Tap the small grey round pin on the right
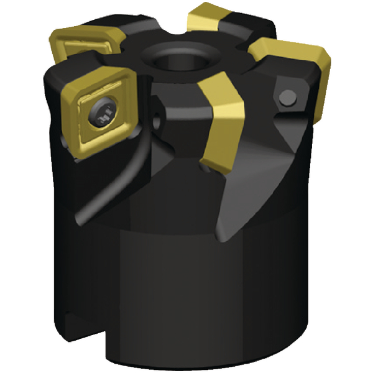[x=288, y=97]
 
